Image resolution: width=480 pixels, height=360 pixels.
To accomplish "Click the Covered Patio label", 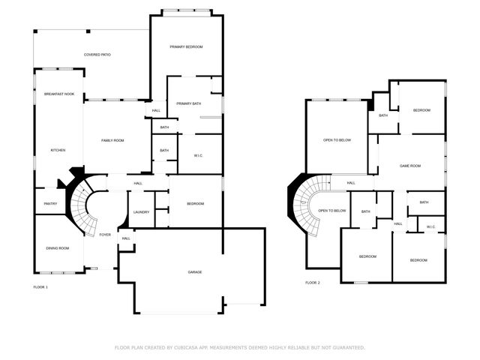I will (97, 55).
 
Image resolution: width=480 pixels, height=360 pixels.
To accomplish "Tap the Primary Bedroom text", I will (186, 47).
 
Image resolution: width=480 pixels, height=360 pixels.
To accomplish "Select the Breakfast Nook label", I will (58, 94).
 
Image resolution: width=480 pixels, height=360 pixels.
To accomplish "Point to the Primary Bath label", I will (188, 103).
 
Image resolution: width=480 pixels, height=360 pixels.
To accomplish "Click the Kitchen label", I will (58, 150).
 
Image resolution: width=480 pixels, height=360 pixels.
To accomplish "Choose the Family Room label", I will (113, 140).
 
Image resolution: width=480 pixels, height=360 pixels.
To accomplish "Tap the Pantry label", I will (50, 203).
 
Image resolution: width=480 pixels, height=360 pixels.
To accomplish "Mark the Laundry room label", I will (141, 212).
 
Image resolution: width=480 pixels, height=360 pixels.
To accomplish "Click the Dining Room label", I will (58, 248).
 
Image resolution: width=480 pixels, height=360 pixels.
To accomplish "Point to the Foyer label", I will (105, 235).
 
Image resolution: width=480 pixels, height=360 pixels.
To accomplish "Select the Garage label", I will (195, 272).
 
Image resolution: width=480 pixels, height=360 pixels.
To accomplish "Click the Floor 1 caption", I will (40, 287).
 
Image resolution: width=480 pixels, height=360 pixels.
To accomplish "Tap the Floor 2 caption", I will (313, 283).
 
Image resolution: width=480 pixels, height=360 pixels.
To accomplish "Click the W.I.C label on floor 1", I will (198, 155).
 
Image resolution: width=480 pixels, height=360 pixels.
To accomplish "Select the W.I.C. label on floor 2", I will (431, 227).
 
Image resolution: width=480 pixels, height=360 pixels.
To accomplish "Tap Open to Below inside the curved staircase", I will (332, 211).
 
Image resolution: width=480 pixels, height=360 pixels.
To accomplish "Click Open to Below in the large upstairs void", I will (337, 140).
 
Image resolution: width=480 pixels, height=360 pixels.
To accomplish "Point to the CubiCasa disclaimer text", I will (240, 347).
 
